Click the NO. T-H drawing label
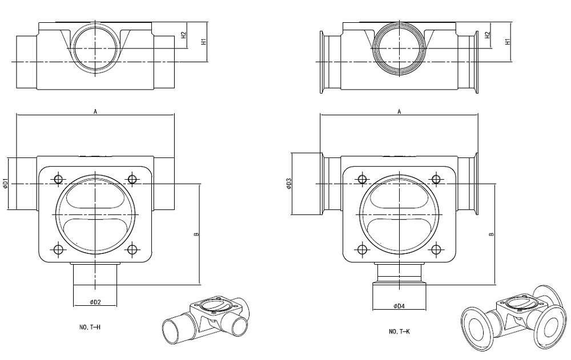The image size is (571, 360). (90, 328)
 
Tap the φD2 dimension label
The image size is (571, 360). (95, 301)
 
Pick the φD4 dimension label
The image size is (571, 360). (399, 306)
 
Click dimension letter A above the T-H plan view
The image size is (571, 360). (95, 112)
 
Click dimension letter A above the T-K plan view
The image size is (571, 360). (399, 112)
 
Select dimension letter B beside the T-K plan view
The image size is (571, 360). (492, 234)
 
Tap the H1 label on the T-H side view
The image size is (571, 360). (203, 41)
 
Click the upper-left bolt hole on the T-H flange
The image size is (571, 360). (58, 180)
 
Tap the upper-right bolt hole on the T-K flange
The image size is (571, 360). (436, 180)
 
